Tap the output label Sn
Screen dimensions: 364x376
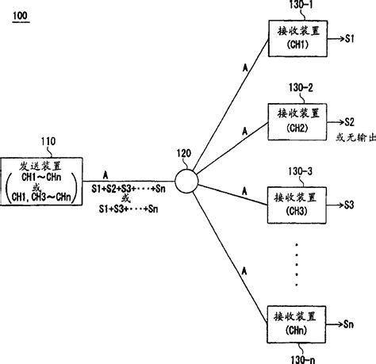click(x=350, y=325)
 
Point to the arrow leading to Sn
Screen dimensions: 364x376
click(x=334, y=325)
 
